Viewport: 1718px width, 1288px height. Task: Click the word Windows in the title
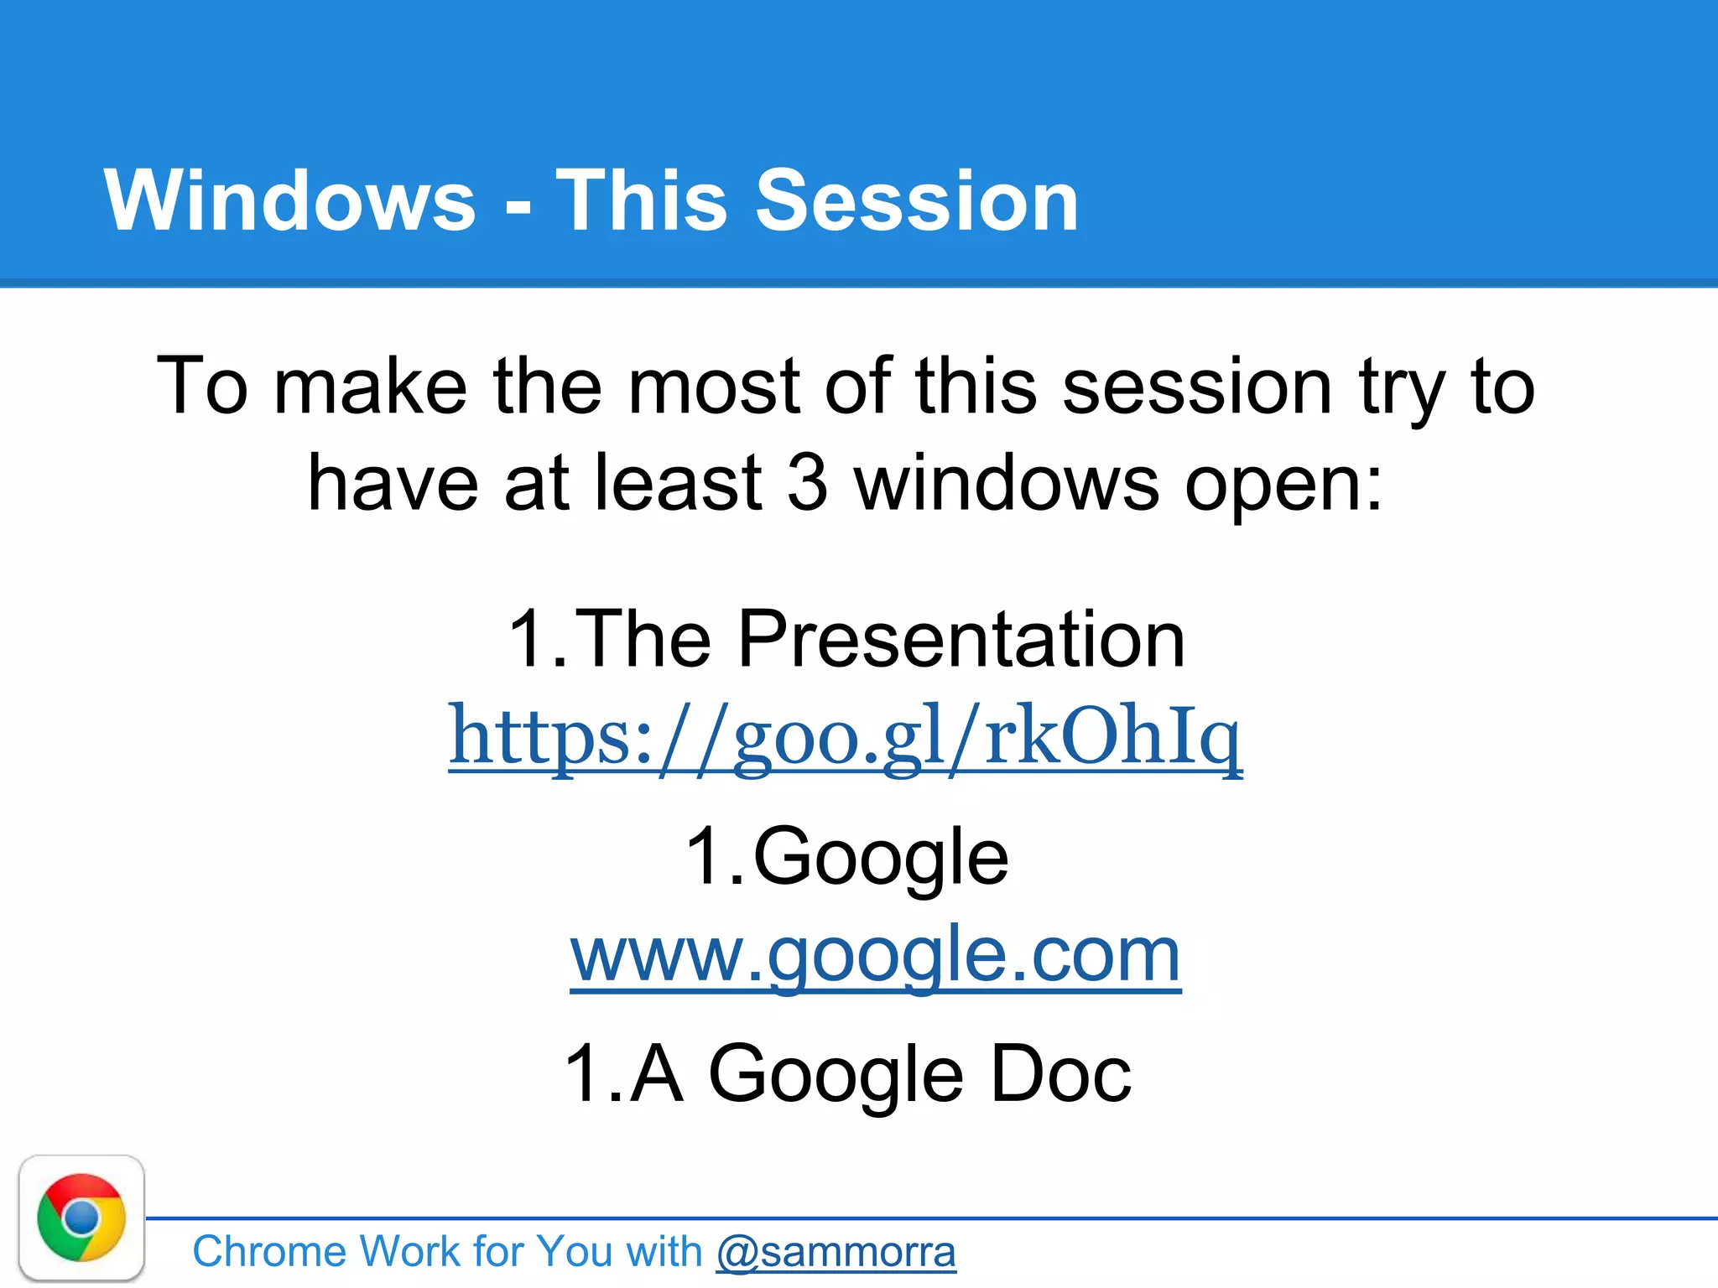pos(289,201)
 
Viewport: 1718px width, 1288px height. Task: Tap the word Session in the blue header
pos(917,201)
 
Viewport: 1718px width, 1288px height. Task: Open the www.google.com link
pos(875,956)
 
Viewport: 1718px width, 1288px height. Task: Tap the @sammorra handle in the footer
pos(836,1252)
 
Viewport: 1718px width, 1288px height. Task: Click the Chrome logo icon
pos(81,1218)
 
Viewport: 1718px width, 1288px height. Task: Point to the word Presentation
pos(961,639)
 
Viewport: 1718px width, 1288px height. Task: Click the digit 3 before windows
pos(807,484)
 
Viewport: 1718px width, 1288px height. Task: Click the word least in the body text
pos(678,484)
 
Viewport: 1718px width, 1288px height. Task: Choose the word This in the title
pos(641,201)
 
